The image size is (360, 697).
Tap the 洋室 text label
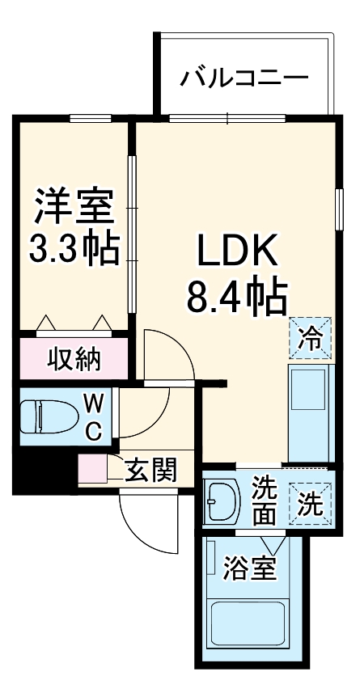click(x=74, y=208)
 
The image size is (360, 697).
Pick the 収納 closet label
click(x=73, y=358)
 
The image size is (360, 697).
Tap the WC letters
click(x=95, y=416)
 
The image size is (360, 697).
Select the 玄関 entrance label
click(x=152, y=470)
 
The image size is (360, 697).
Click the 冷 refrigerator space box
click(x=311, y=336)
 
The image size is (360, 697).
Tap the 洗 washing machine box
click(x=311, y=503)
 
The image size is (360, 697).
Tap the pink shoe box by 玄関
click(x=93, y=470)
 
